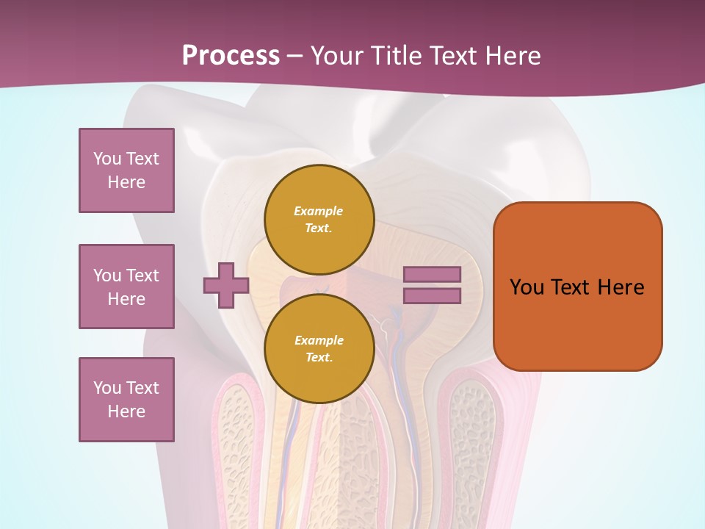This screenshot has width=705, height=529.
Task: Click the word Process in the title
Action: pos(231,56)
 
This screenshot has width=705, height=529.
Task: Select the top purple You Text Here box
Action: pos(126,170)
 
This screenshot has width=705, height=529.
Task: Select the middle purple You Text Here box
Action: pos(126,287)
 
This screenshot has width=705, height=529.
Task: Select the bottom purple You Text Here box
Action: pos(126,400)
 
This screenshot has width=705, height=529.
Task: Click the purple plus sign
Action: pos(226,285)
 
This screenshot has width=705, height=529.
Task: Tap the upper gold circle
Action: pos(319,220)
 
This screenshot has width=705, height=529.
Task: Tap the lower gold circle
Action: pos(319,349)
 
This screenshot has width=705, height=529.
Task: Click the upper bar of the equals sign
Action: pos(432,274)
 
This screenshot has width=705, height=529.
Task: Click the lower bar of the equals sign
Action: pos(432,296)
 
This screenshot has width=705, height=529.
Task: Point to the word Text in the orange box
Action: pos(571,287)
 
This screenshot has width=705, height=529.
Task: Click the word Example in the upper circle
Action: pos(319,211)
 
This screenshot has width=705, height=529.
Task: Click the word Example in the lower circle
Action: pos(319,340)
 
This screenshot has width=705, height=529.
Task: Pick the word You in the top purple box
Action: pos(107,159)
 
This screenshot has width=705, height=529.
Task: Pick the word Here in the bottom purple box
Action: pos(126,411)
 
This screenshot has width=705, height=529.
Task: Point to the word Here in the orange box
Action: pos(621,287)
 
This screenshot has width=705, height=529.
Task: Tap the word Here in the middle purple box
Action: pos(126,299)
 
